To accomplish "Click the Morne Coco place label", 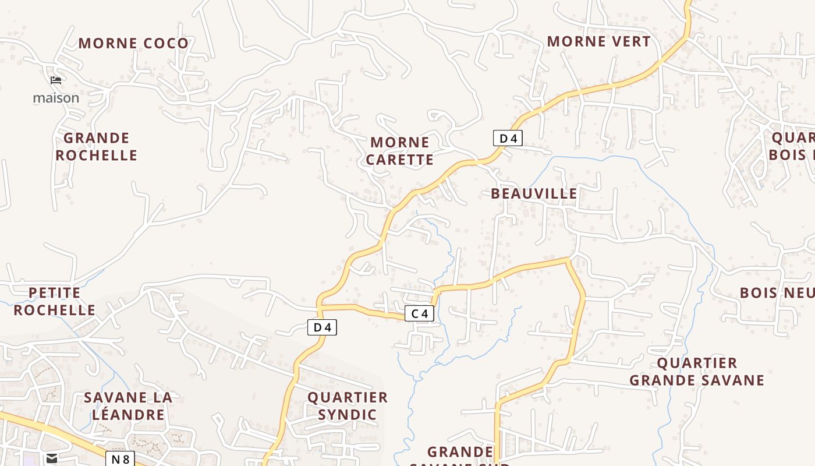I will pos(133,43).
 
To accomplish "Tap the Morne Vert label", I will pos(598,41).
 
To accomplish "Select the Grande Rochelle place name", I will pos(96,147).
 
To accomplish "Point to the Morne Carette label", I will pos(400,151).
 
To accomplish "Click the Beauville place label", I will pos(534,193).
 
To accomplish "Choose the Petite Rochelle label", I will pos(54,301).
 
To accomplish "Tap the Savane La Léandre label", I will pos(127,406).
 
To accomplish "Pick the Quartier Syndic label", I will pos(348,406).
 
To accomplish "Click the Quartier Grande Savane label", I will pos(697,372).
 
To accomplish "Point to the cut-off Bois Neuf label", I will pos(777,292).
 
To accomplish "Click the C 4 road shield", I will pos(419,313).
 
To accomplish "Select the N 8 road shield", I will pos(120,458).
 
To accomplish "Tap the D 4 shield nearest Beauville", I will pos(508,138).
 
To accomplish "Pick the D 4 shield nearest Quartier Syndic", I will pos(322,327).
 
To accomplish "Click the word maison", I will pos(56,98).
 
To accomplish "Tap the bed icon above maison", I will pos(56,80).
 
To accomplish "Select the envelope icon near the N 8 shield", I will pos(52,458).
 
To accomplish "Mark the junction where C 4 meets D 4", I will pos(320,305).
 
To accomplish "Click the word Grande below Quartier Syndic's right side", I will pos(460,452).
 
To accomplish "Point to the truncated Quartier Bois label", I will pos(792,146).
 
